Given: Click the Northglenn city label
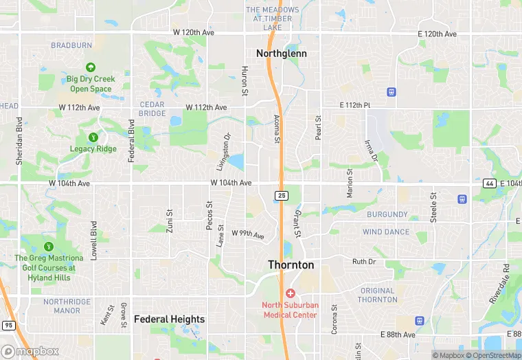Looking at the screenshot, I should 281,53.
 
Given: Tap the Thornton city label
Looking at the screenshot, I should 291,265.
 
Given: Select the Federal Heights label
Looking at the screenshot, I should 169,319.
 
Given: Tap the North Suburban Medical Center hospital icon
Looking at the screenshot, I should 291,293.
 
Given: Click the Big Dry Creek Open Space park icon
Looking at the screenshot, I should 90,67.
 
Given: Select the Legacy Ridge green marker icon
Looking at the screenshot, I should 93,137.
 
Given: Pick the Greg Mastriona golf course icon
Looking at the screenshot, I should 48,246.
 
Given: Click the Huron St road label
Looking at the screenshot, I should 245,80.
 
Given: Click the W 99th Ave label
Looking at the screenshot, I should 248,234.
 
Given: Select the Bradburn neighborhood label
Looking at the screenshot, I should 71,45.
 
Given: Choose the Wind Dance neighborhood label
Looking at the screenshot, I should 386,232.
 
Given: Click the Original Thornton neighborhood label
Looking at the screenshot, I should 377,295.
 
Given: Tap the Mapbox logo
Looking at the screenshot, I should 30,351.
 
